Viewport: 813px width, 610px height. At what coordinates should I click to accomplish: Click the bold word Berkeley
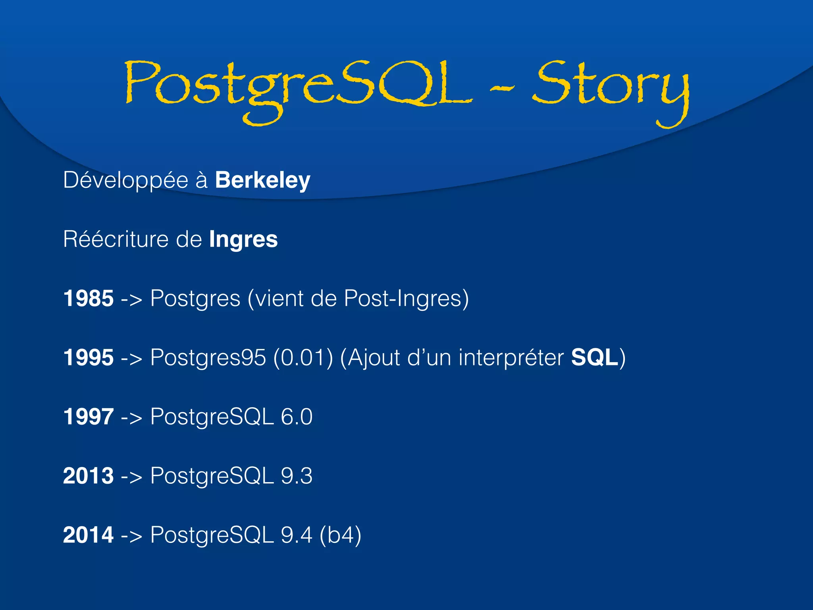[262, 181]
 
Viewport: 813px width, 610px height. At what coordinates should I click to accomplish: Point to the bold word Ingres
[243, 240]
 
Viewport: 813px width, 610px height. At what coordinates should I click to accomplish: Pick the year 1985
[88, 299]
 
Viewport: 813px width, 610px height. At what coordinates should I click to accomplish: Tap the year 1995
[88, 357]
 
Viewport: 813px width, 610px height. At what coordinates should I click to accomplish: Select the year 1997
[88, 417]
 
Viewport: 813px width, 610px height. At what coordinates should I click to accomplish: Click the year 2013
[88, 476]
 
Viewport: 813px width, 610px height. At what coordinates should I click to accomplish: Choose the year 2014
[88, 535]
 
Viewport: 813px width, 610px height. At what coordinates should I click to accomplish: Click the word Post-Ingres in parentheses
[406, 299]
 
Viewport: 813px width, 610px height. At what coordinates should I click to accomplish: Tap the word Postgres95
[208, 357]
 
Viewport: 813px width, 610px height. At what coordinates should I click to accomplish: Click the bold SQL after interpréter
[594, 357]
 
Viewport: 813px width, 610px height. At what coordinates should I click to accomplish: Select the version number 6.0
[297, 417]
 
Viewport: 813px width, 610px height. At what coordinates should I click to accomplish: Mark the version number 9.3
[297, 476]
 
